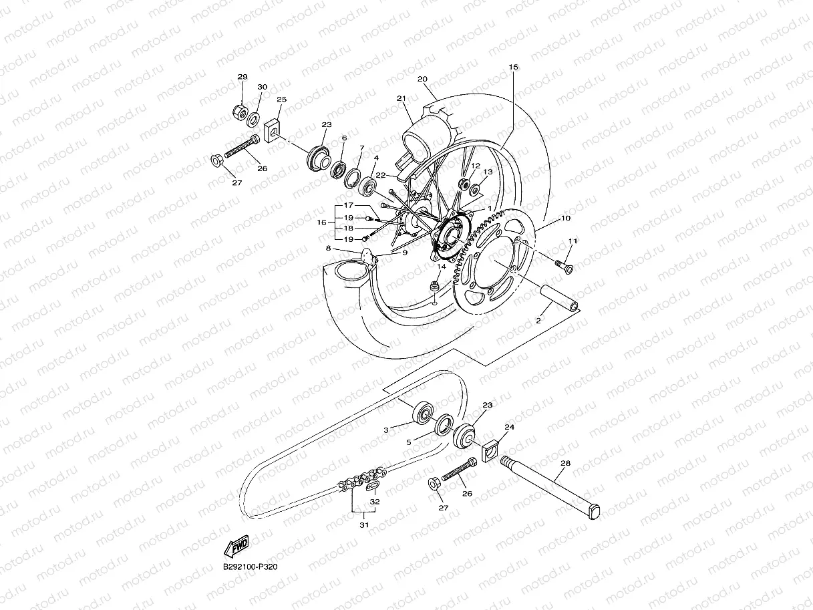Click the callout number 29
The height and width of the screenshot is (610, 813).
coord(242,78)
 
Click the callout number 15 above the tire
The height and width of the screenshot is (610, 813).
coord(513,67)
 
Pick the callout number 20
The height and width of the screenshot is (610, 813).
coord(422,79)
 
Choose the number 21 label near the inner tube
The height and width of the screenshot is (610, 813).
coord(401,99)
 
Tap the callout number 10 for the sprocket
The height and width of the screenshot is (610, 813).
coord(565,218)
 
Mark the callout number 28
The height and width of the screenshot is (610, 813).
coord(566,463)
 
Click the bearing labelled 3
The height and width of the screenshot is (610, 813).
coord(423,412)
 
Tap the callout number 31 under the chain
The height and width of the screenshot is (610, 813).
coord(363,524)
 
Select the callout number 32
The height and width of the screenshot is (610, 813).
coord(375,501)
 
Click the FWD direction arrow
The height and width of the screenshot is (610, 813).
coord(237,548)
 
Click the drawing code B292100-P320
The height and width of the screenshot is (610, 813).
coord(250,567)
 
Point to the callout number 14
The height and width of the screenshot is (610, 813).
coord(441,267)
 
